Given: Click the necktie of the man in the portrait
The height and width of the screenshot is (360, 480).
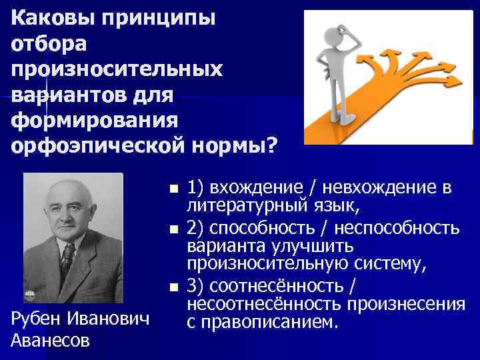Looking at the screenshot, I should coord(67,261).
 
